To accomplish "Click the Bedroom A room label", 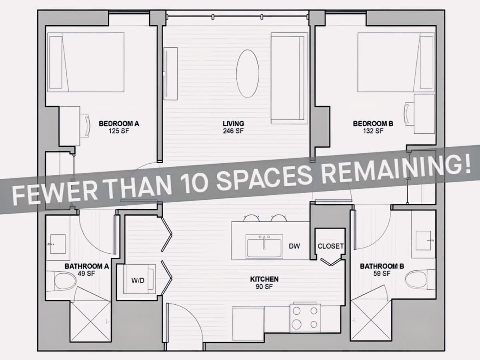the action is (x=119, y=124).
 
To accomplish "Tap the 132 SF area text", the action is (x=373, y=131).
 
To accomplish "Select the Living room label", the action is (x=233, y=124).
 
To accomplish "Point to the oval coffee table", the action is (x=248, y=74).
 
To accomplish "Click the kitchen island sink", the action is (x=264, y=246).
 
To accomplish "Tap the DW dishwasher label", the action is (x=294, y=246).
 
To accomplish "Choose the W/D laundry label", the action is (x=138, y=280).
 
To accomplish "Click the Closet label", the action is (x=331, y=246).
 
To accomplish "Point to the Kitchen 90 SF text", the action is (x=264, y=283).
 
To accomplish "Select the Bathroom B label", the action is (x=382, y=266).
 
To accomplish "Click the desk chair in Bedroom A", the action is (x=85, y=126).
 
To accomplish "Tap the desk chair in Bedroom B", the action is (x=409, y=114).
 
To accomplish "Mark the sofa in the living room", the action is (x=289, y=78).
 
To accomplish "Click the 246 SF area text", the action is (x=233, y=131).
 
